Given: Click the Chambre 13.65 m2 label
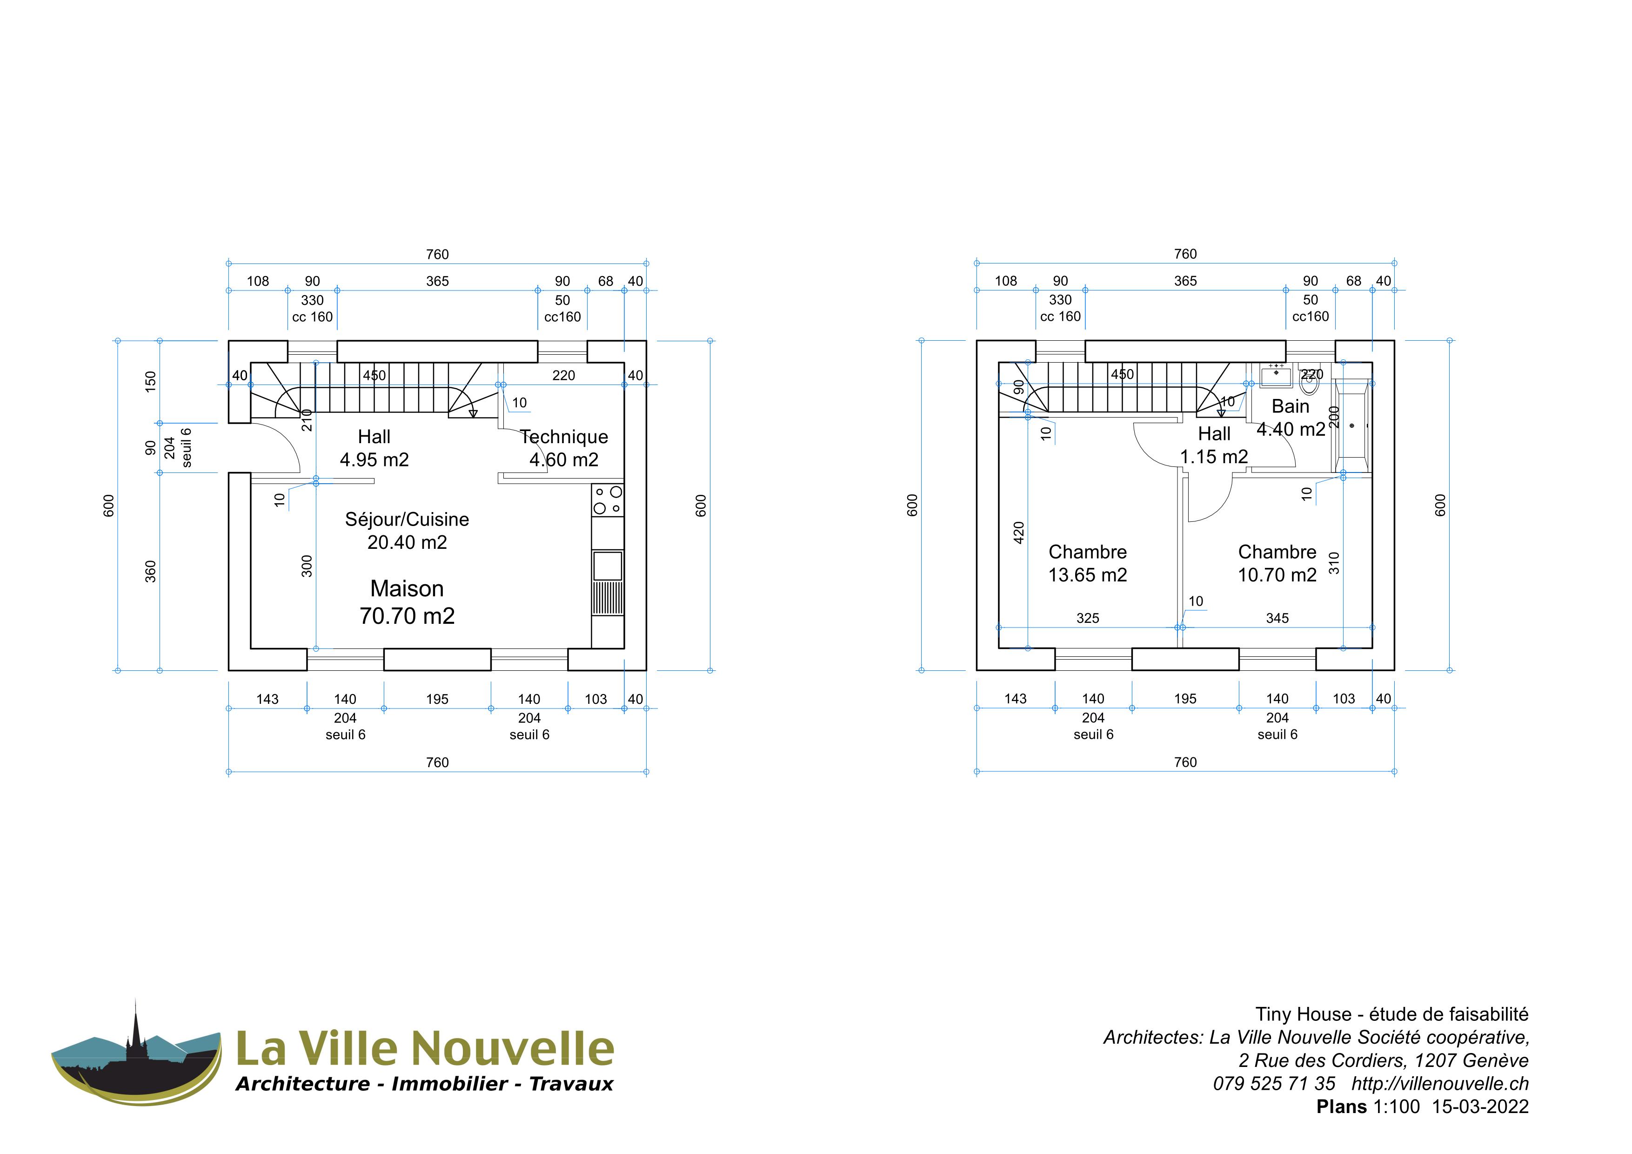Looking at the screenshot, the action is tap(1088, 563).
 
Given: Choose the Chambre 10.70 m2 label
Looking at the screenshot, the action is tap(1278, 563).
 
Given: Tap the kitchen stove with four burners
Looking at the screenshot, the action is tap(608, 500).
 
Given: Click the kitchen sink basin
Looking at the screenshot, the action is tap(608, 566).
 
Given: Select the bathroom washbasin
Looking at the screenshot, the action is tap(1276, 375).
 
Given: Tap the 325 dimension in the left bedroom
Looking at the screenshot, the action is tap(1088, 618).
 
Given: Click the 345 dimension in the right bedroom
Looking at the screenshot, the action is tap(1278, 618).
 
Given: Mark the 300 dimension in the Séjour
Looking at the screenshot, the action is tap(307, 566).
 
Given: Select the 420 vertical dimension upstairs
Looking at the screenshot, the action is tap(1018, 533).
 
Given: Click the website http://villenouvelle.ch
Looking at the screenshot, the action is tap(1440, 1084).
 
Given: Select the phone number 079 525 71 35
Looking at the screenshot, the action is tap(1274, 1084).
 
